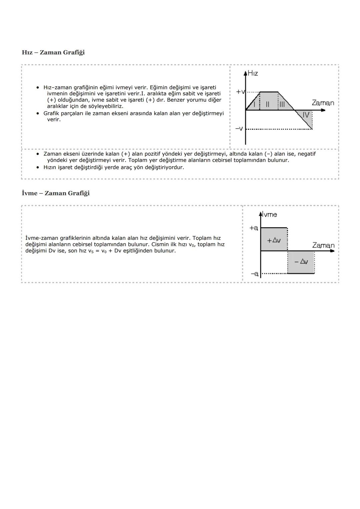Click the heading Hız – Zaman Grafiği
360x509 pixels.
(x=53, y=52)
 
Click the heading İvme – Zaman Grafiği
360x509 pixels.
(x=56, y=193)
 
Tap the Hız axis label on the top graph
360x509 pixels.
(x=253, y=73)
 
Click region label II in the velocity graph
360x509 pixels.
(x=268, y=104)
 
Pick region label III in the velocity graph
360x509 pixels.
(x=282, y=104)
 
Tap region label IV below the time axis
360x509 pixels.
(x=306, y=115)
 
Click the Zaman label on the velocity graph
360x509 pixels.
(x=323, y=103)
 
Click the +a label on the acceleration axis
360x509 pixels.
(x=254, y=228)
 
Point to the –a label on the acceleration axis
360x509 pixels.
(x=254, y=274)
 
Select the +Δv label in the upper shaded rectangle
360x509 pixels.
(x=274, y=240)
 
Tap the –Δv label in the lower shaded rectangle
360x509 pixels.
(x=301, y=262)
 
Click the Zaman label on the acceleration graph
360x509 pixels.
(x=323, y=245)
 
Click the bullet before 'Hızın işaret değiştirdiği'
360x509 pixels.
(x=38, y=167)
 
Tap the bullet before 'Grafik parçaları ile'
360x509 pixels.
(x=38, y=113)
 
